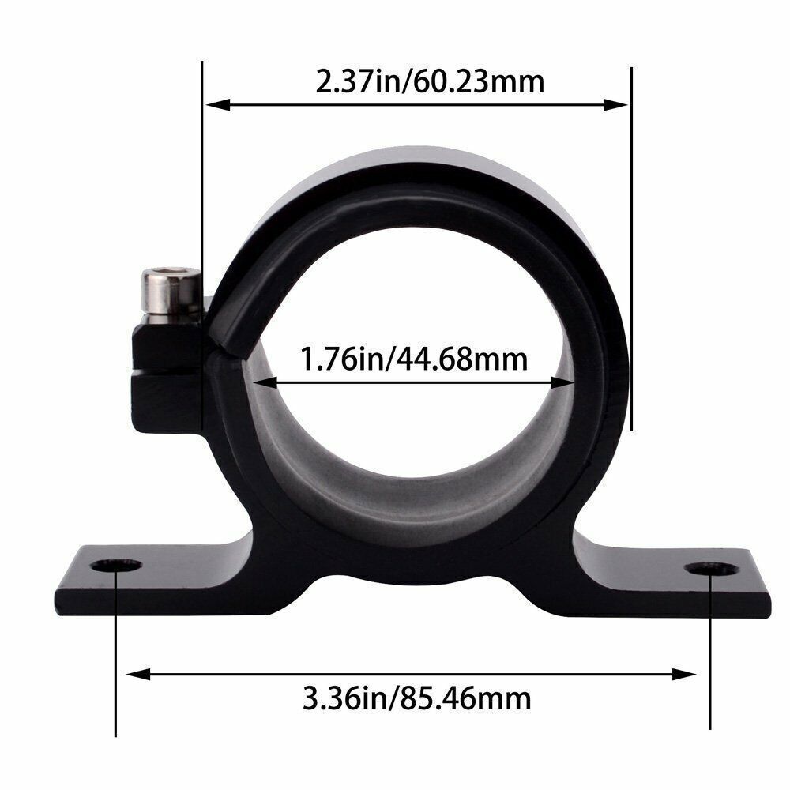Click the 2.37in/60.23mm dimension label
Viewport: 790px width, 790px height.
click(x=430, y=81)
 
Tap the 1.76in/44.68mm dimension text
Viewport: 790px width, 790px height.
click(x=414, y=359)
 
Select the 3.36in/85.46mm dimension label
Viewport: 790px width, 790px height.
click(x=416, y=699)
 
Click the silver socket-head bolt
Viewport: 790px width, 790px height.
click(x=171, y=295)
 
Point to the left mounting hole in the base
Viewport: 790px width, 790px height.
click(x=116, y=566)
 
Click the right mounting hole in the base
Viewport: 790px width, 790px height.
click(x=711, y=570)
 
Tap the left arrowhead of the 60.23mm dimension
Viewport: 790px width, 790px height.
click(x=218, y=105)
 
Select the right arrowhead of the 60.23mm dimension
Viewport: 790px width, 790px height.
click(x=615, y=105)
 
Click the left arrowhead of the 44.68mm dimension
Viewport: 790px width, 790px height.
click(x=265, y=383)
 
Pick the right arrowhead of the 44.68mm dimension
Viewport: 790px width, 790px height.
click(x=562, y=383)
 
